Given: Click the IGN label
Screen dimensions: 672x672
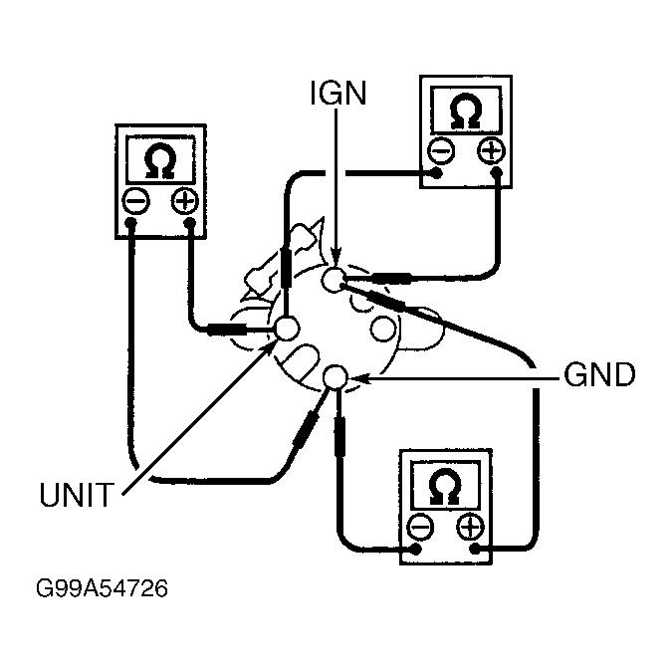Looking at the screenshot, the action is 338,93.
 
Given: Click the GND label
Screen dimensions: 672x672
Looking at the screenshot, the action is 599,374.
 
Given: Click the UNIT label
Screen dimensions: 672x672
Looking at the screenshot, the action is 77,495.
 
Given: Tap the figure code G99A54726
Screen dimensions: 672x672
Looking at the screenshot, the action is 102,588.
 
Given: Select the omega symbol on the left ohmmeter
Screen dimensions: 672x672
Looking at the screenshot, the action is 160,160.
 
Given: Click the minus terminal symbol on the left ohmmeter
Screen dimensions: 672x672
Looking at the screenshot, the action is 135,201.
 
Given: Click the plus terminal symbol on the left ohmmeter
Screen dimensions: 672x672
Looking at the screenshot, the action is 185,201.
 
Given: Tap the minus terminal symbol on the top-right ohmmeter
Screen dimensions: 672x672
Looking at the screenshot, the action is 441,150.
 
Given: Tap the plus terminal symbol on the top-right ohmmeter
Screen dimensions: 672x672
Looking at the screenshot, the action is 491,150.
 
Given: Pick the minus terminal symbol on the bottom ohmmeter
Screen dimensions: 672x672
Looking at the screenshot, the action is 420,527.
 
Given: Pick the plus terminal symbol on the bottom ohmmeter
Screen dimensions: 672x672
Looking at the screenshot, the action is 470,527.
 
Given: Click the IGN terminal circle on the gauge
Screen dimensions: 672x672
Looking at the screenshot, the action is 334,281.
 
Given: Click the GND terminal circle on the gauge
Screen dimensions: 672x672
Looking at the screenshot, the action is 335,377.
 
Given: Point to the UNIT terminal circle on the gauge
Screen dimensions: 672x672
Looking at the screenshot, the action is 287,329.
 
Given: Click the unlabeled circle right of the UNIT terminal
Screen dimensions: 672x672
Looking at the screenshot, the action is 382,329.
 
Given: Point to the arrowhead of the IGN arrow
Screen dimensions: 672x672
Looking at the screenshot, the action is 336,259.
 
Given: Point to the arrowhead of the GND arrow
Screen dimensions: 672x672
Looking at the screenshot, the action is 358,378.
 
